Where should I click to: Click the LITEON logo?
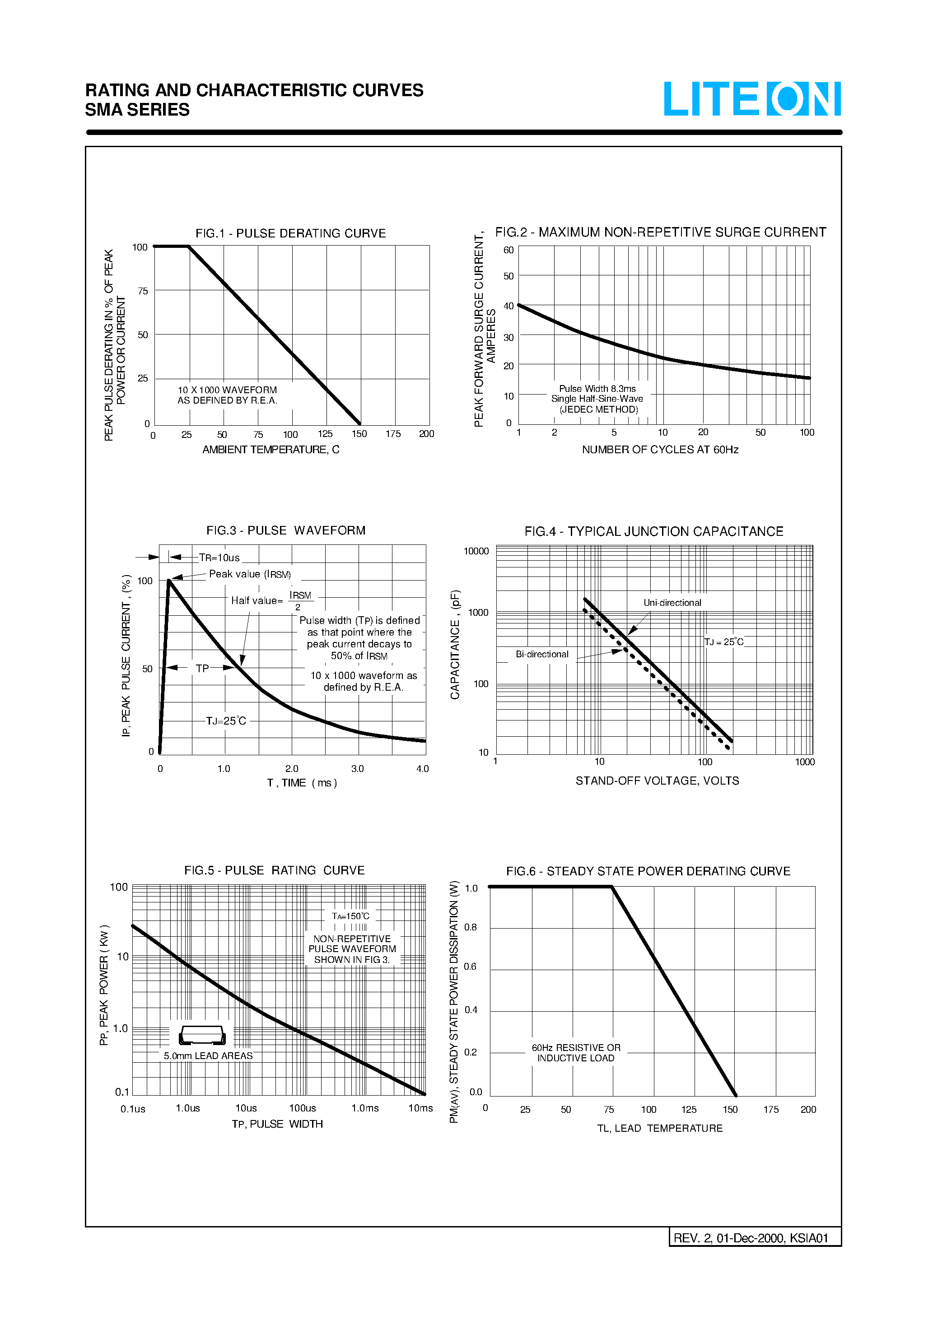tap(752, 99)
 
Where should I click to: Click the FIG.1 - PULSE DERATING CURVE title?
tap(290, 233)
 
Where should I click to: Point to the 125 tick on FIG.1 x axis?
tap(325, 434)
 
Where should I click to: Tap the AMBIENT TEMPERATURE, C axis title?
tap(271, 450)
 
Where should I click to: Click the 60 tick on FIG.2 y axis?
tap(508, 250)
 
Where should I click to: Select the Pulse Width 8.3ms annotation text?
tap(597, 389)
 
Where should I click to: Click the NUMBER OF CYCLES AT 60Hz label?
tap(660, 450)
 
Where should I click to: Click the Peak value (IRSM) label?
tap(250, 574)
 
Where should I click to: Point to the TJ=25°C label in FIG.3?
tap(226, 721)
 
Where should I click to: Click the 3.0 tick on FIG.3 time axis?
tap(357, 769)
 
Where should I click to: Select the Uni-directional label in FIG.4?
tap(672, 603)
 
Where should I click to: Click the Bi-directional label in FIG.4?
tap(542, 654)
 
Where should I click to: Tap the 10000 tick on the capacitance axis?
tap(476, 551)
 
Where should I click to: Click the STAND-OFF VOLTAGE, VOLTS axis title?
tap(657, 781)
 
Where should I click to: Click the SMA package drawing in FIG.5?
tap(202, 1035)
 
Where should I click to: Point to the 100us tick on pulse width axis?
tap(303, 1108)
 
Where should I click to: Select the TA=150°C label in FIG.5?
tap(350, 916)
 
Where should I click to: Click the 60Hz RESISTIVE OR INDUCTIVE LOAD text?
tap(576, 1053)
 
